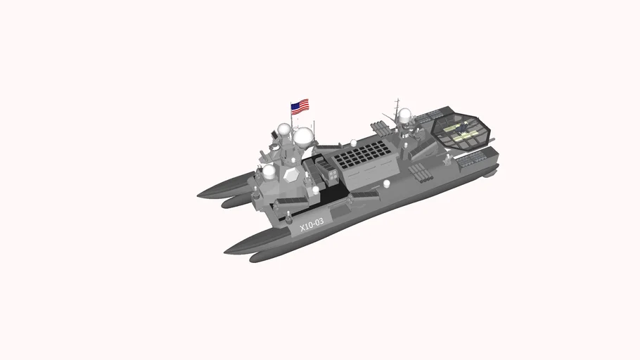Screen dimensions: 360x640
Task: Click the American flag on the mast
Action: click(x=300, y=106)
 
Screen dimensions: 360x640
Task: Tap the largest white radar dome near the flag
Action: click(x=304, y=136)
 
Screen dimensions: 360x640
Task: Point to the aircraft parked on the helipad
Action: click(x=461, y=131)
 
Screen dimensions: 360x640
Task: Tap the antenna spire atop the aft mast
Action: click(x=397, y=103)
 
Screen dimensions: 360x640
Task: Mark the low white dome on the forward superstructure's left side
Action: click(x=269, y=171)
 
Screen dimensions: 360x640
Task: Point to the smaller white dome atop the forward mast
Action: click(x=283, y=129)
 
